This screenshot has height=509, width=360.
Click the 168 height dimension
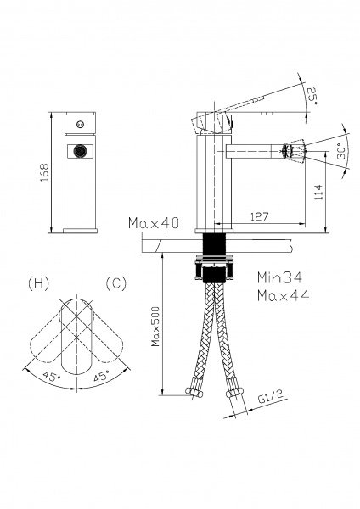[44, 172]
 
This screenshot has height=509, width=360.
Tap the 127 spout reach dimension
[260, 216]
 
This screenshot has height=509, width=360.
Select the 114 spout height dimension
[318, 192]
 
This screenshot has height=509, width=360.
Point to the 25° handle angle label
[312, 96]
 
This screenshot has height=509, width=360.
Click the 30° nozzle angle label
[340, 151]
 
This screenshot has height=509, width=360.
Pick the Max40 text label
[154, 223]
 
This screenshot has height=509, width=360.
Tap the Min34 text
[279, 277]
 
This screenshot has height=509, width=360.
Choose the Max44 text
[283, 295]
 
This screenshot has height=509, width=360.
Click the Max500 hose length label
[155, 327]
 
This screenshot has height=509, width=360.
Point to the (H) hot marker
[39, 283]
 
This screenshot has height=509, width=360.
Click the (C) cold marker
[116, 283]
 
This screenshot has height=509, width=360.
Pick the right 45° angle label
[101, 377]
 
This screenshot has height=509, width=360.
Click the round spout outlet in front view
[80, 151]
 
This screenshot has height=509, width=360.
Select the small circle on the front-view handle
[80, 124]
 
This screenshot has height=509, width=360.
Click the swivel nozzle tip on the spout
[293, 151]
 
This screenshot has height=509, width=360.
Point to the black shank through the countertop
[214, 244]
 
